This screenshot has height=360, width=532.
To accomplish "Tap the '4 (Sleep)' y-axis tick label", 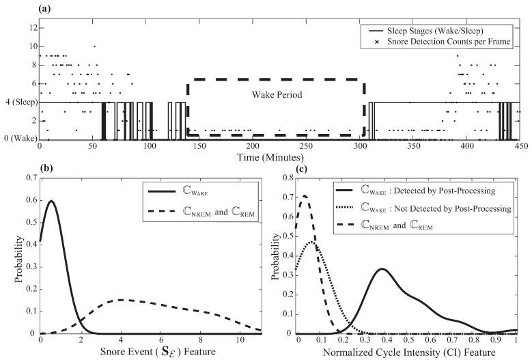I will [x=20, y=102].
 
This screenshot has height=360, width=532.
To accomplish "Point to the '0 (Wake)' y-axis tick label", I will [x=20, y=139].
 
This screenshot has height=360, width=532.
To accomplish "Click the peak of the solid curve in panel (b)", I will [x=51, y=201].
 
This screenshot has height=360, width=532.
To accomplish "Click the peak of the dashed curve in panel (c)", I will [x=304, y=195].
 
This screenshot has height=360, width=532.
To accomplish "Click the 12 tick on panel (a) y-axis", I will [x=31, y=27].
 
